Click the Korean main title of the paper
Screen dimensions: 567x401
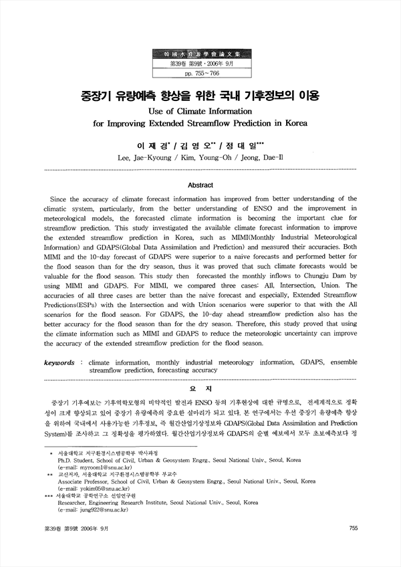(200, 96)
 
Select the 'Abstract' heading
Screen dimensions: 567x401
(200, 185)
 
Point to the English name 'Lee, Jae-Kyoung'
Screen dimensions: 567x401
(146, 158)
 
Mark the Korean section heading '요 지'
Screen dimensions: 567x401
(200, 388)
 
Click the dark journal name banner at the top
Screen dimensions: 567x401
(200, 51)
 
